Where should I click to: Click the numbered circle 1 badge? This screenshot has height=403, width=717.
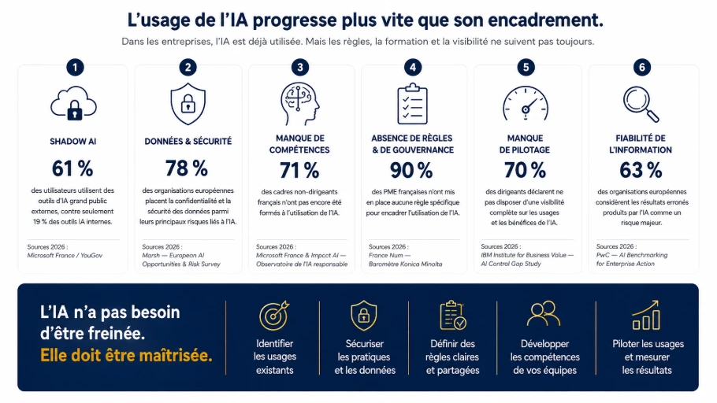[75, 68]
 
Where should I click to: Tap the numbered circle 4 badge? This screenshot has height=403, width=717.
[412, 68]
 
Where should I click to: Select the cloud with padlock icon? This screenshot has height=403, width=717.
[73, 104]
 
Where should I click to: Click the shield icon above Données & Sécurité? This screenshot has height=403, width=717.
[188, 104]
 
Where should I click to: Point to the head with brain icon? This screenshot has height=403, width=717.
[299, 104]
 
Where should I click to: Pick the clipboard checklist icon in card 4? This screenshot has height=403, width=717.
[412, 104]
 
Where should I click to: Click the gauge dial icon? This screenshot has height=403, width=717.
[526, 104]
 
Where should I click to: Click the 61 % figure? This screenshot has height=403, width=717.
[72, 168]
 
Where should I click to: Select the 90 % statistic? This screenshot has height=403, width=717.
[411, 171]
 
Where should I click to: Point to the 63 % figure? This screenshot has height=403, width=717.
[641, 171]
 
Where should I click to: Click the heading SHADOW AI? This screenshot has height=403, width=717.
[73, 142]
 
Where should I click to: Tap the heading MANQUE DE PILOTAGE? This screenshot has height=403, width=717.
[525, 144]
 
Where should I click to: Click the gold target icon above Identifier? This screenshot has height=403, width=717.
[274, 316]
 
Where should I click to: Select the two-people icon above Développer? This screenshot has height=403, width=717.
[544, 313]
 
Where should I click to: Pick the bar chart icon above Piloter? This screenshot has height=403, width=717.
[645, 315]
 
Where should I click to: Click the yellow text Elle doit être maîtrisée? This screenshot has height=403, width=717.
[126, 356]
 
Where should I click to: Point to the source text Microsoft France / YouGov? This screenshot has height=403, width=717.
[65, 255]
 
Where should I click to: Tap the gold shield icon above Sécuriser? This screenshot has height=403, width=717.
[363, 316]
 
